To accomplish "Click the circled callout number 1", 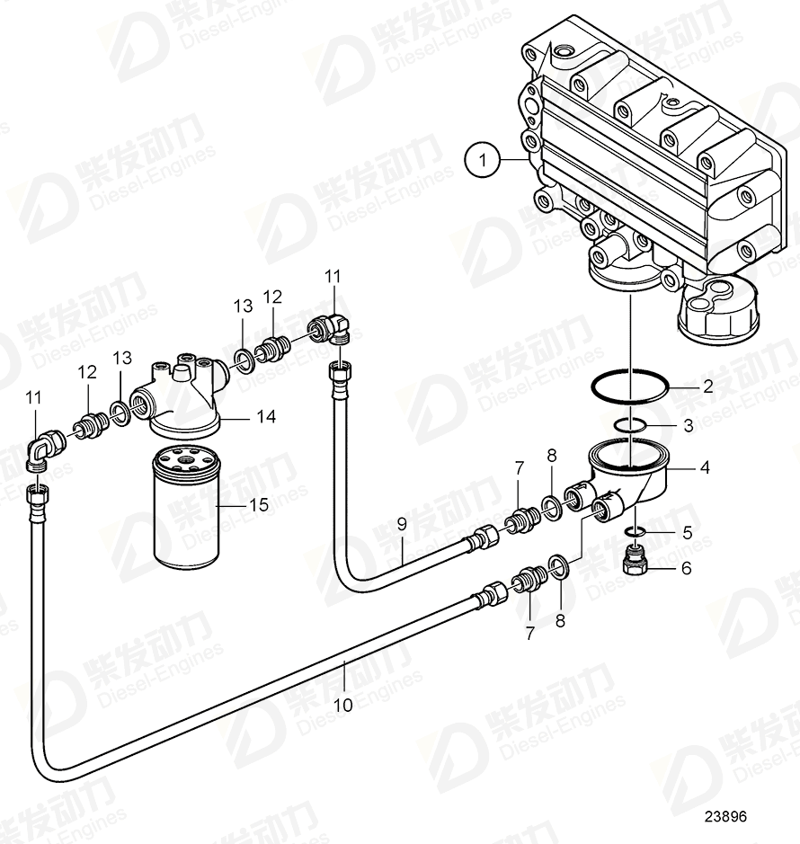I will coord(484,161).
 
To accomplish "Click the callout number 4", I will coord(705,467).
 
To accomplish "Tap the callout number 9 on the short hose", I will coord(402,523).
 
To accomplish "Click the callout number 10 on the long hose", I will coord(343,706).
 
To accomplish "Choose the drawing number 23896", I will coord(724,817).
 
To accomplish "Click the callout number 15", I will coord(258,505).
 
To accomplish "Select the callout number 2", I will coord(707,387).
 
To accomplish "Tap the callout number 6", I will coord(687,567).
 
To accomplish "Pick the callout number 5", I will coord(687,532).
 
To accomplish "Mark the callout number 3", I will coord(689,425).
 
